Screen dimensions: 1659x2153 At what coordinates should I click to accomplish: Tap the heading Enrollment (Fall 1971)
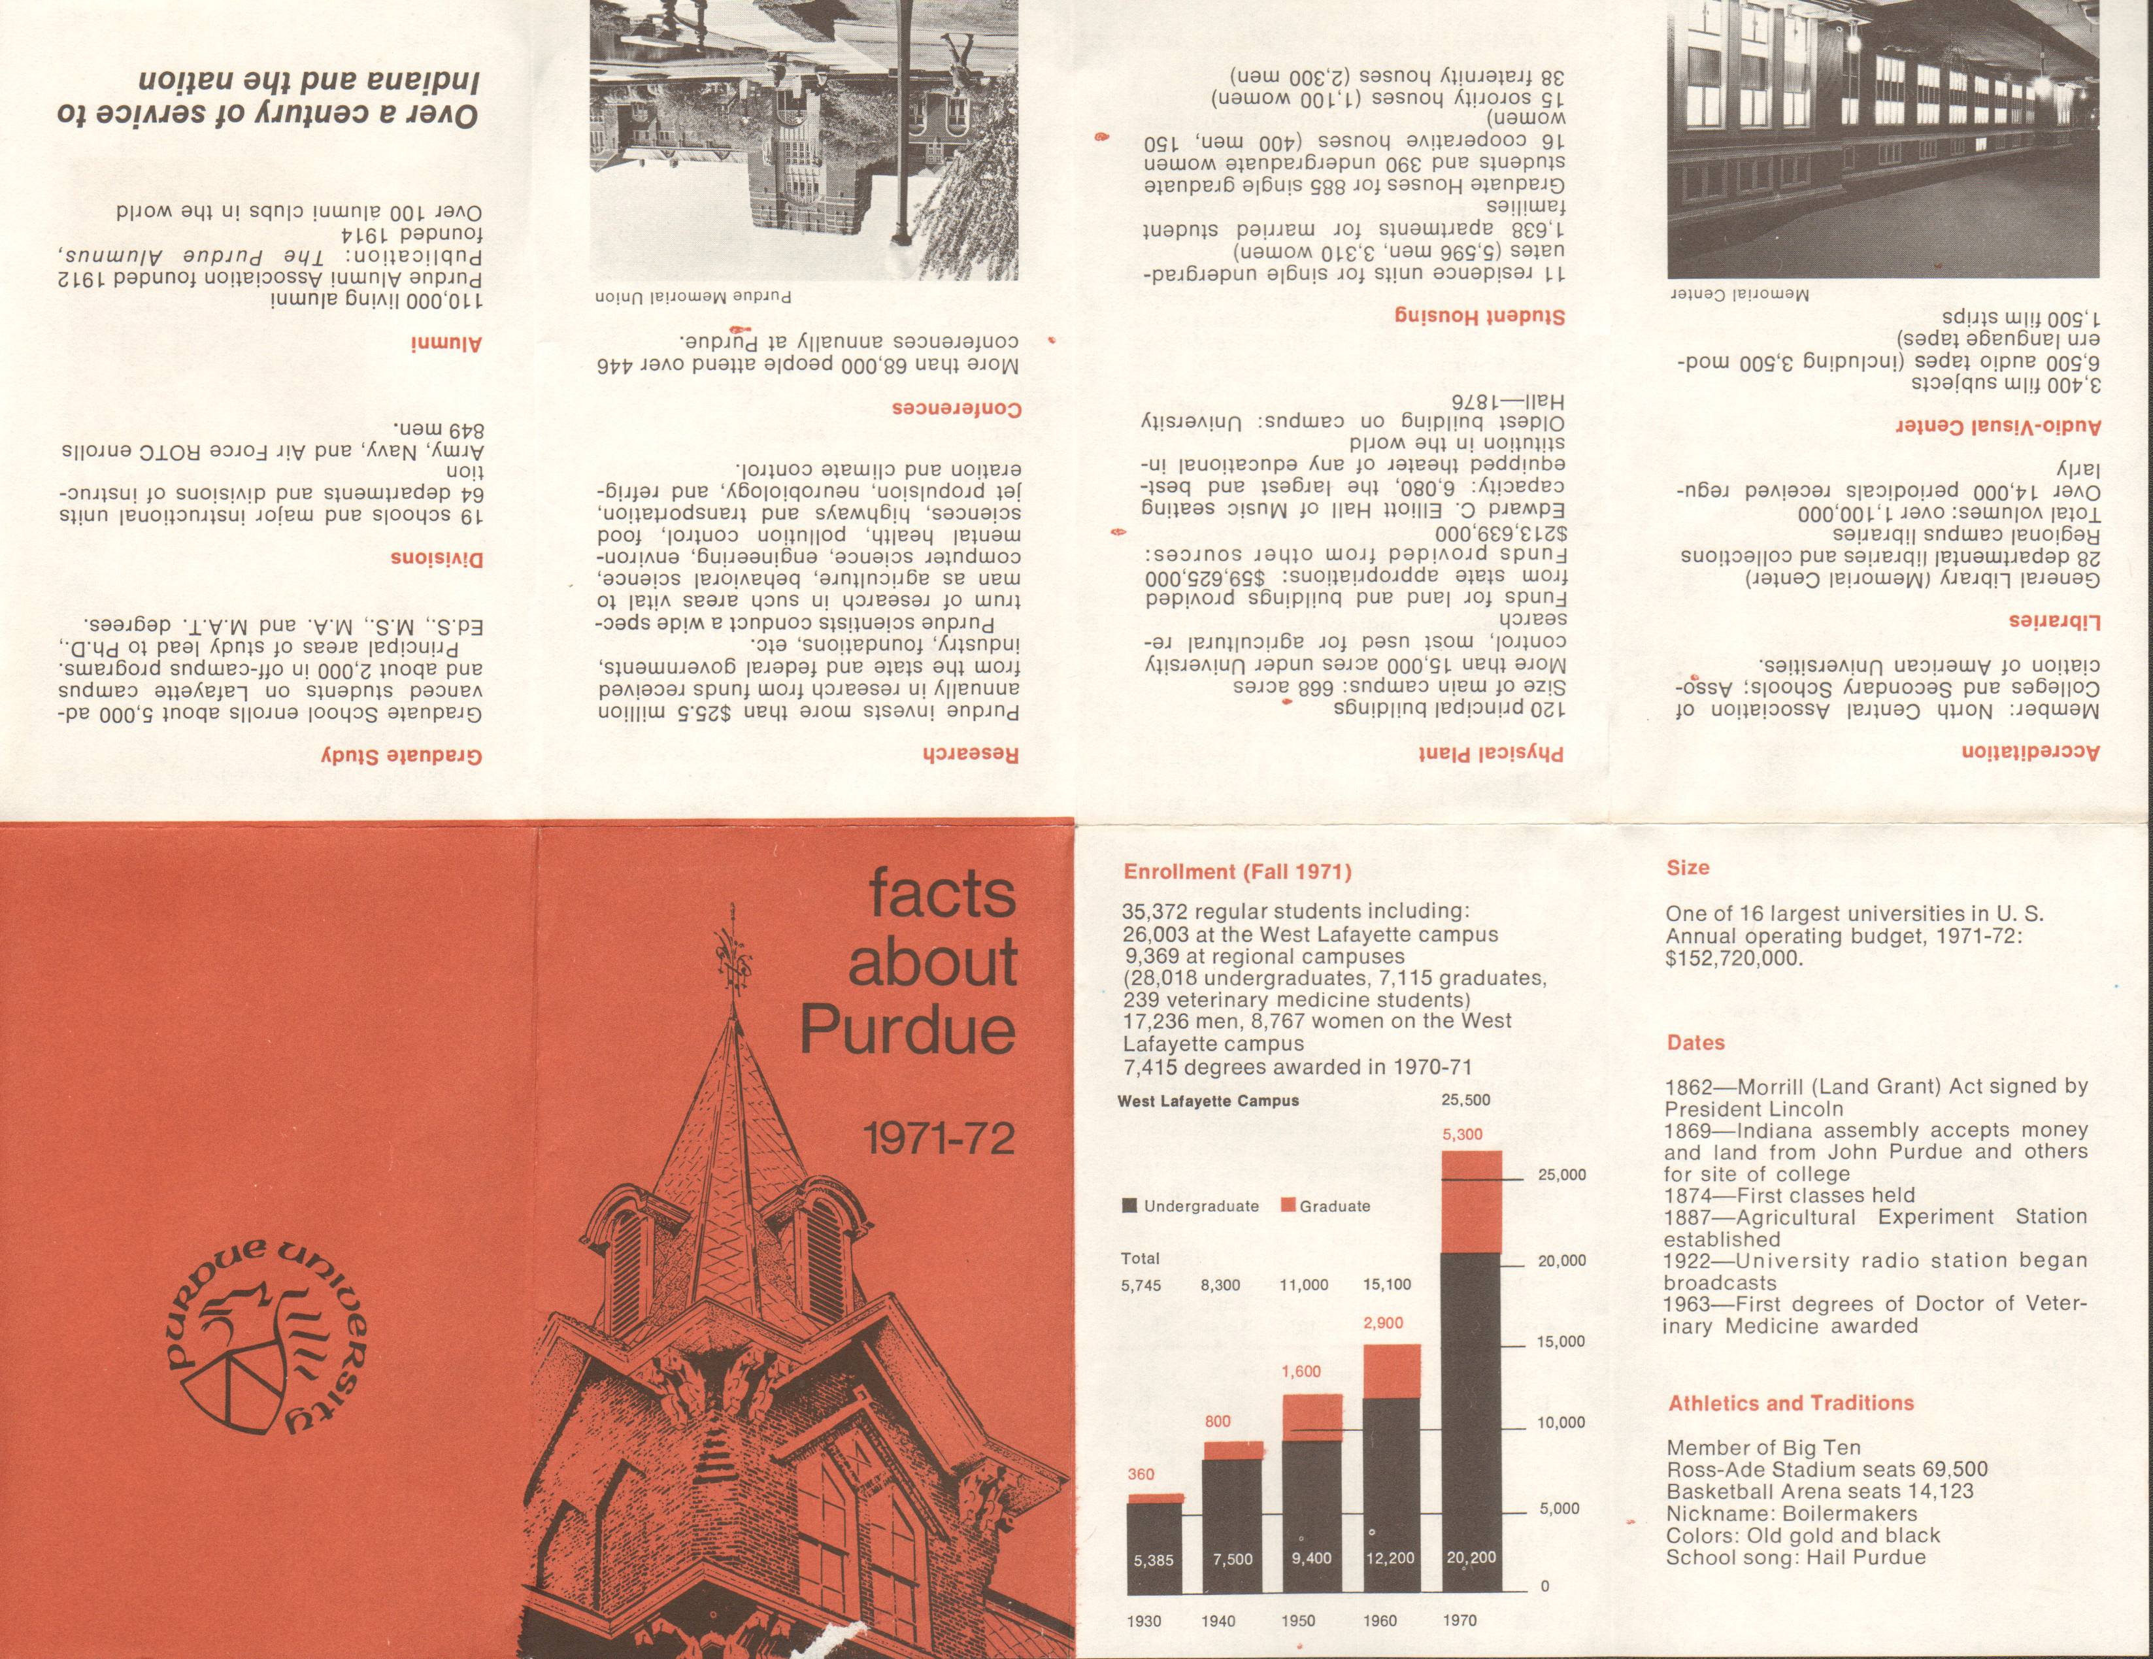pos(1237,871)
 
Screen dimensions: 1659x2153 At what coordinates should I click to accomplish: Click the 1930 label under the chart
pos(1144,1620)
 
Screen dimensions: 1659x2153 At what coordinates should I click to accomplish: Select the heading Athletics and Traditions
pos(1790,1403)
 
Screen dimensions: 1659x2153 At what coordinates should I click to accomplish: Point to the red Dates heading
pos(1695,1043)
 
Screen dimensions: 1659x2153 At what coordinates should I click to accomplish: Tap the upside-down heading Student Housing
pos(1478,316)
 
